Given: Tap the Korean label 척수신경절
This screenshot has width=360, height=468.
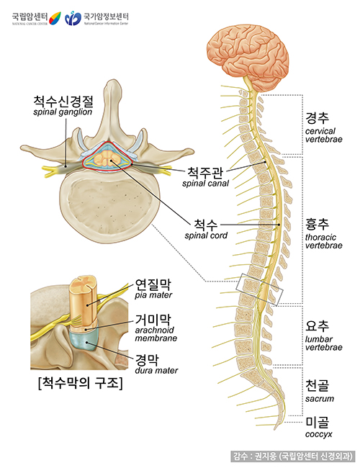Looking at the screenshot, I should [63, 102].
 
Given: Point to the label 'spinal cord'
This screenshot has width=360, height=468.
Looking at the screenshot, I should [206, 235].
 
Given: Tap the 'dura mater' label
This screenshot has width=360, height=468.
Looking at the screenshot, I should [154, 370].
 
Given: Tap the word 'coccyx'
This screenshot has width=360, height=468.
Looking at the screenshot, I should [319, 435].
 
